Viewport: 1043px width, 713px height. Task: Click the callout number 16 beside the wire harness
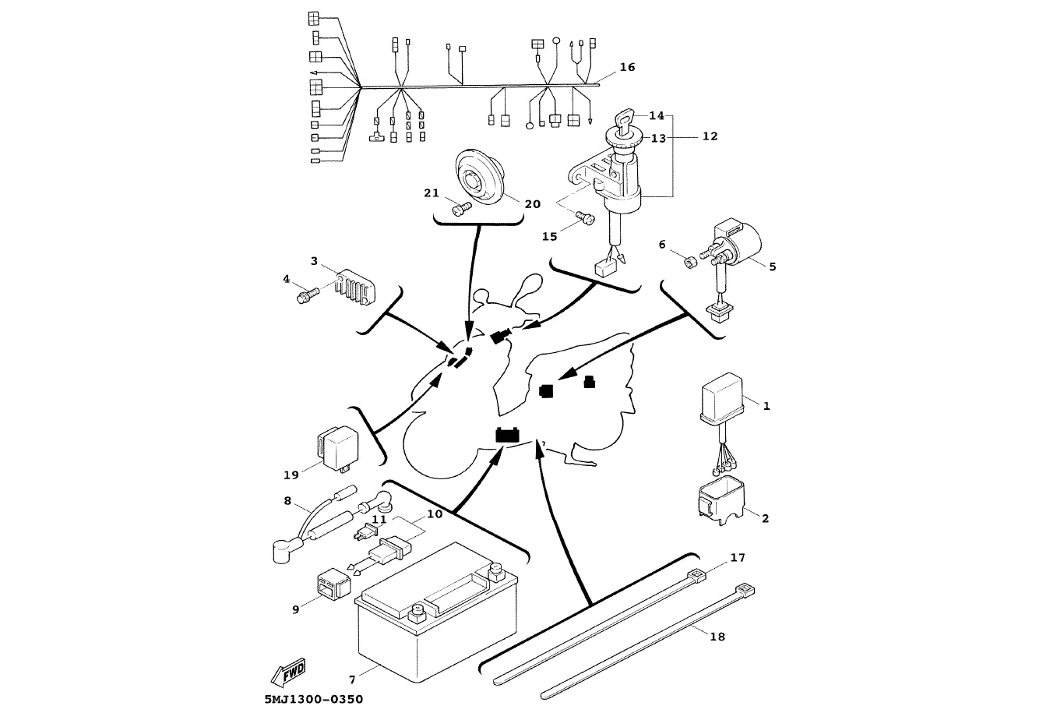(x=627, y=68)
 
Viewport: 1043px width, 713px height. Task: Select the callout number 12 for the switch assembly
(x=710, y=136)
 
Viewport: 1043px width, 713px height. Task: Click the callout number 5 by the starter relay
(x=772, y=266)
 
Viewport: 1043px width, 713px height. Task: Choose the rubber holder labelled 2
(x=717, y=499)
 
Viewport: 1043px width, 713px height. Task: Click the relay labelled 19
(x=335, y=447)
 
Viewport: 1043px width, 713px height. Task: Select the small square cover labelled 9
(x=331, y=584)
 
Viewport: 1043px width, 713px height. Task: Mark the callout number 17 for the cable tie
(x=738, y=558)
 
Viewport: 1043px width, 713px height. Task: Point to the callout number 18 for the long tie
(x=717, y=637)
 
